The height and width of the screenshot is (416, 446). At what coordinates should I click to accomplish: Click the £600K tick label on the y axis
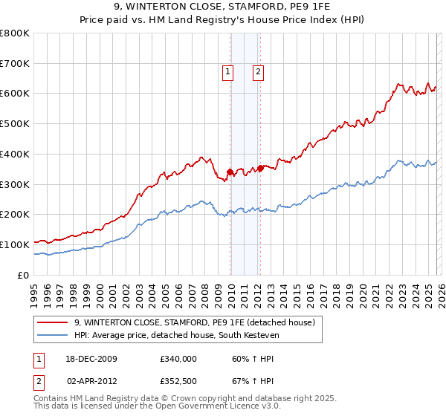click(15, 94)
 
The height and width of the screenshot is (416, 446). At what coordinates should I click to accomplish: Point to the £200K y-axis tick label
click(15, 215)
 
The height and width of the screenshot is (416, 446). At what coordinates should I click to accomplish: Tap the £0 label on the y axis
click(24, 275)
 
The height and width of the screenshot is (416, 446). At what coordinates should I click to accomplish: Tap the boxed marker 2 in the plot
click(257, 72)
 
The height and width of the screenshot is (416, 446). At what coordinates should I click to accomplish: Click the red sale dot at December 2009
click(230, 172)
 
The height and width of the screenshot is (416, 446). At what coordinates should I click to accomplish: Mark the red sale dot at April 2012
click(260, 168)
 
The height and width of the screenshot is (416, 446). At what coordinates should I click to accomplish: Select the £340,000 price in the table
click(178, 359)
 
